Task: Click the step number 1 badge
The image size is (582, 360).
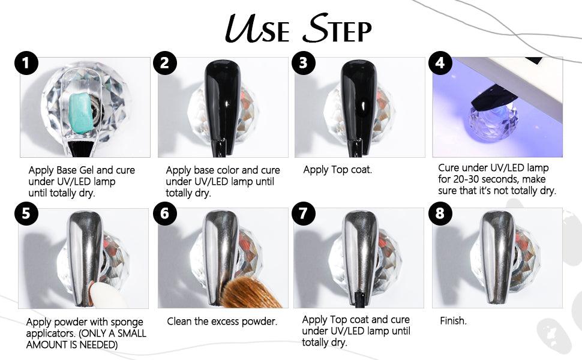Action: pos(26,63)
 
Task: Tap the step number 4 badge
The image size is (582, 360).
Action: pos(440,63)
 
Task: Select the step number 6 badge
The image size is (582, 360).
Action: pos(165,214)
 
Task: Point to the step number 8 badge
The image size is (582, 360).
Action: pos(440,214)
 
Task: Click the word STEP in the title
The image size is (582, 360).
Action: pos(337,29)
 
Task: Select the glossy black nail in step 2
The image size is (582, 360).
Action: pos(223,102)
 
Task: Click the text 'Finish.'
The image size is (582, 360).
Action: pos(453,320)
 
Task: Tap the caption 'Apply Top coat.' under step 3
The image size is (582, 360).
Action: pos(337,170)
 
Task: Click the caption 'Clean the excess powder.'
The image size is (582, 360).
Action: pos(222,321)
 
